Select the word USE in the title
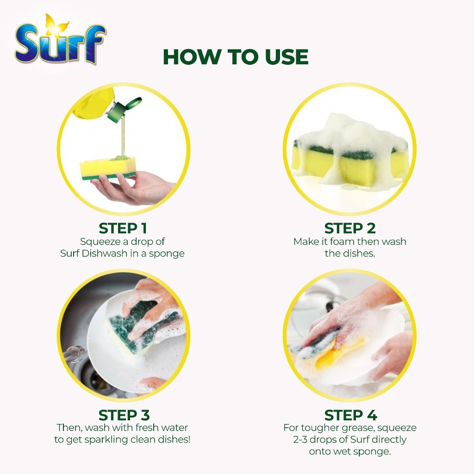286,56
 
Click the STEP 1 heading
123,228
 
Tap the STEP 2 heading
350,228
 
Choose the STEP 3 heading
124,415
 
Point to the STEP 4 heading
351,415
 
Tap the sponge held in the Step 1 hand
107,168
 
